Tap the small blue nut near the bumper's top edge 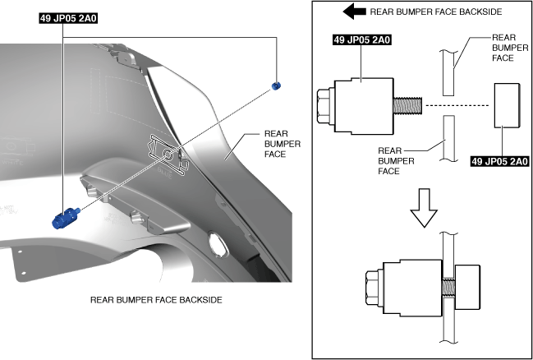point(276,85)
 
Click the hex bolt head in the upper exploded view point(324,105)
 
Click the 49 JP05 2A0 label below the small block point(499,163)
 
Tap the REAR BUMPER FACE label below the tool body point(396,163)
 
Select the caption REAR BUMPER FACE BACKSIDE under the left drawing point(156,300)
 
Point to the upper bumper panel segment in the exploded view point(447,72)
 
